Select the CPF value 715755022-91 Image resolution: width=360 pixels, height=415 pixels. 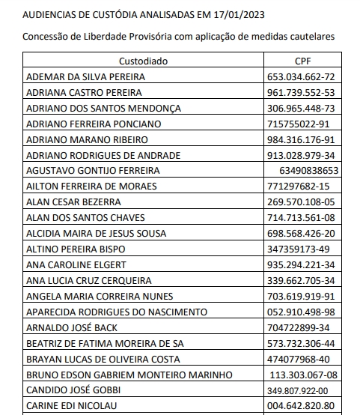(299, 124)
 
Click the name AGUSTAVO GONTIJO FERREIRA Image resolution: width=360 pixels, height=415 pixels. (93, 171)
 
